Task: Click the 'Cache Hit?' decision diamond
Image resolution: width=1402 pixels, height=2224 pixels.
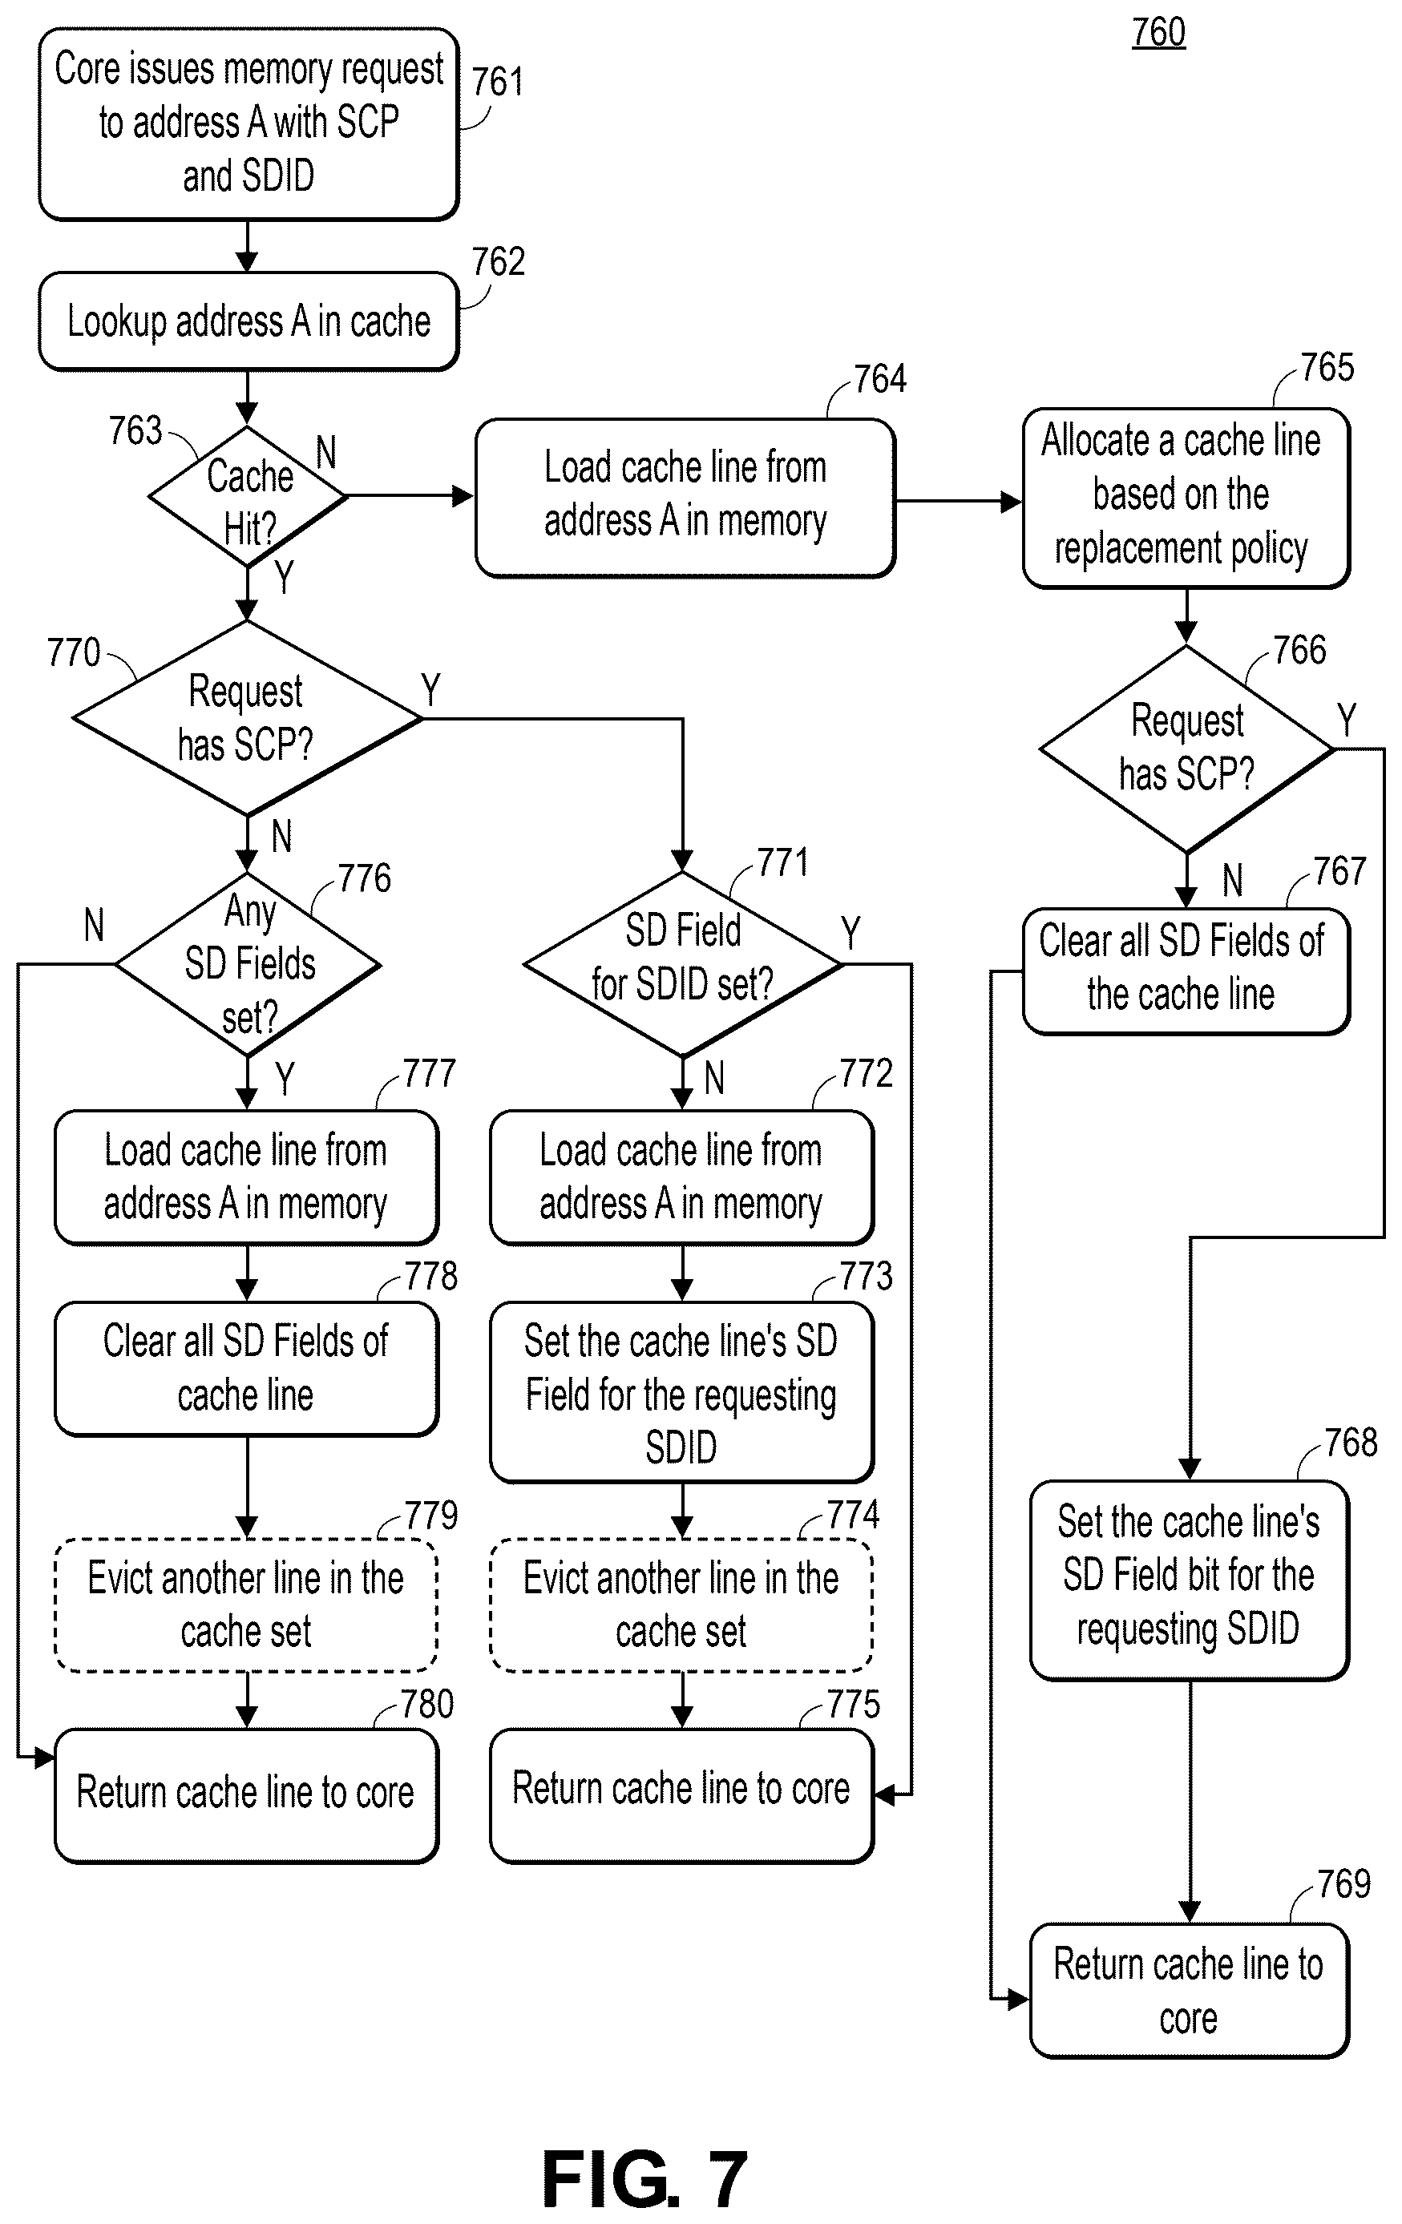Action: [x=248, y=497]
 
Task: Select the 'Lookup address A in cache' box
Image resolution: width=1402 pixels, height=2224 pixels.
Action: [x=248, y=321]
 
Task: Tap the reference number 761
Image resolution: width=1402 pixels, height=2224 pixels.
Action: [x=498, y=83]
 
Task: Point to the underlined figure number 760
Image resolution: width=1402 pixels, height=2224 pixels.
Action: [x=1158, y=32]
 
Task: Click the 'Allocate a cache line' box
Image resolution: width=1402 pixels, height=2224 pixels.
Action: [x=1186, y=497]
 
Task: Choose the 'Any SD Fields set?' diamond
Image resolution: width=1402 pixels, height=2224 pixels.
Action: [x=248, y=964]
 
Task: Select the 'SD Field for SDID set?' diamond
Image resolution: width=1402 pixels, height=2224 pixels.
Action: [x=682, y=964]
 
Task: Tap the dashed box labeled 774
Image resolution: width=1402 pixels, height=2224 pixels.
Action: [x=681, y=1605]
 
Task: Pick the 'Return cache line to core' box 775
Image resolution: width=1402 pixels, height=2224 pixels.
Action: [x=681, y=1795]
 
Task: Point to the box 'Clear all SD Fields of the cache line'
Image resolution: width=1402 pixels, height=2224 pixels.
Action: [x=1186, y=971]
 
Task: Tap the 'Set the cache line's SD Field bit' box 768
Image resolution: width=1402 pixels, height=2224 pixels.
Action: [x=1190, y=1580]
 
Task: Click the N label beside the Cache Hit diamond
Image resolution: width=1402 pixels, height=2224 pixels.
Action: [x=326, y=453]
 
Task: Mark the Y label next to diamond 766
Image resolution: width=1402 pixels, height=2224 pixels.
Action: [x=1347, y=720]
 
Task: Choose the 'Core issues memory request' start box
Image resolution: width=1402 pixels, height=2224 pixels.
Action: [x=248, y=123]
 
